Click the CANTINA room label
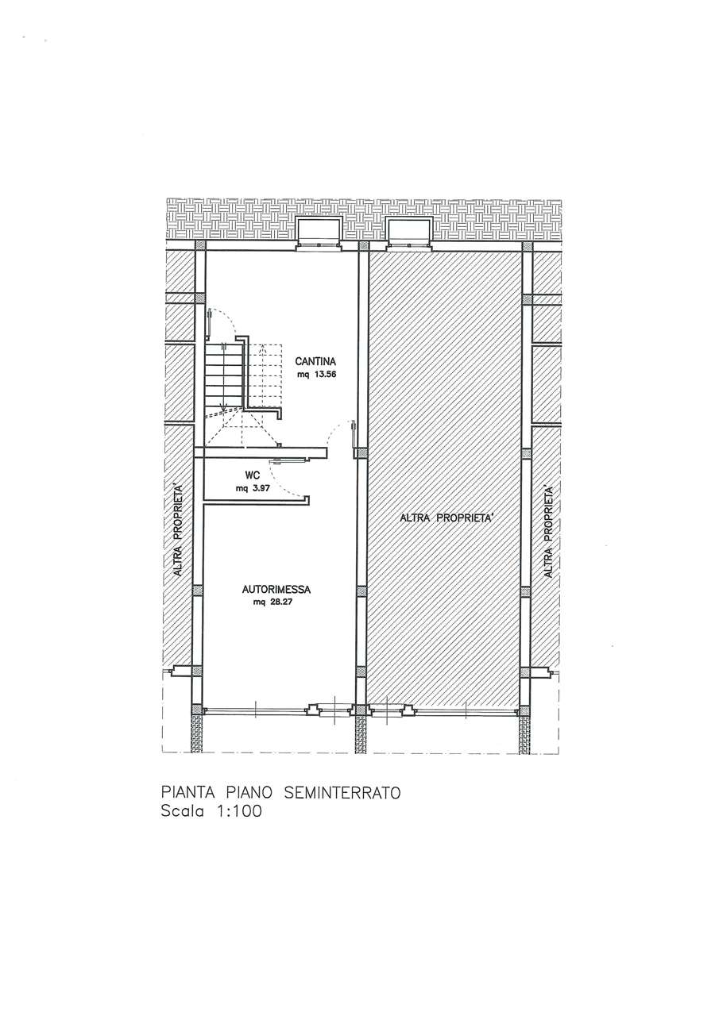[x=315, y=362]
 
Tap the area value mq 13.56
[x=316, y=375]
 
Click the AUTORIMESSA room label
[x=276, y=590]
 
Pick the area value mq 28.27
[x=276, y=603]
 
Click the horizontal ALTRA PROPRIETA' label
[x=446, y=518]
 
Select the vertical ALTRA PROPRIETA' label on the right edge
[x=548, y=532]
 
